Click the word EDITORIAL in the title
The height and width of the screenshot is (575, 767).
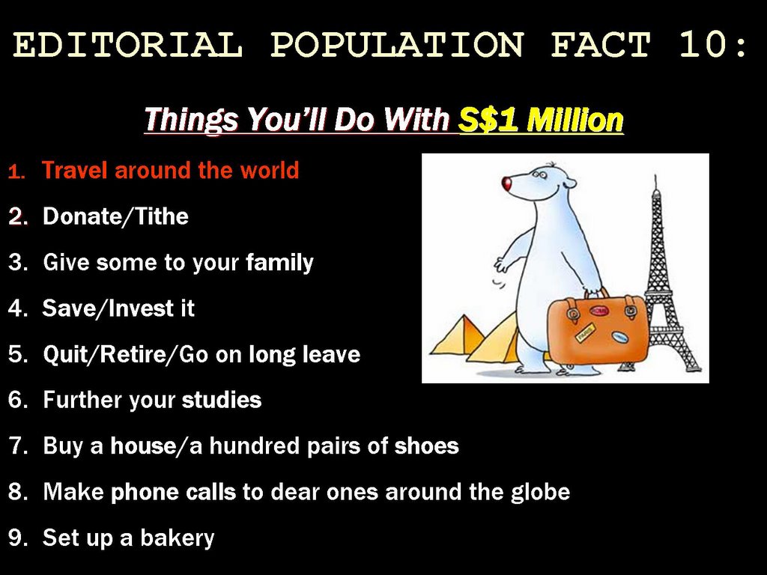pos(127,44)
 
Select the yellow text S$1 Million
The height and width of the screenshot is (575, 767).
pos(541,119)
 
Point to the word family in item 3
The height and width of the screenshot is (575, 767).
pos(279,263)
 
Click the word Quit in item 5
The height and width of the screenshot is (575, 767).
pos(64,354)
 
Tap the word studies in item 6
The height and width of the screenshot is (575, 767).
pos(222,400)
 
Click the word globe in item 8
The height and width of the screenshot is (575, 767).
pos(541,492)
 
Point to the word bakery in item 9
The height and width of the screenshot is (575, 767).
pos(178,538)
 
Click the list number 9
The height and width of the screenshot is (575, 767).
pos(18,538)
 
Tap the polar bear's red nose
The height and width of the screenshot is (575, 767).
pos(507,183)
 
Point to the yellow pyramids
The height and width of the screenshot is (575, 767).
pos(474,338)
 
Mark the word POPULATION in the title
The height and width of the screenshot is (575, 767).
pos(397,44)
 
